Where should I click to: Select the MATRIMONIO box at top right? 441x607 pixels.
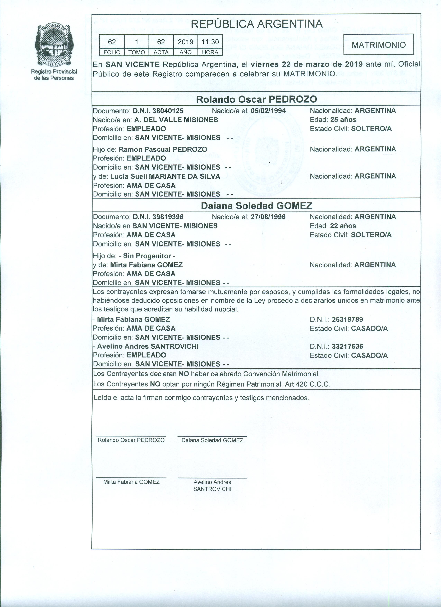(378, 45)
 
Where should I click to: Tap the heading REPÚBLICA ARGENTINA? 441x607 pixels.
(257, 24)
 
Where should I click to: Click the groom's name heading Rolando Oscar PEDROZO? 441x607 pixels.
(256, 99)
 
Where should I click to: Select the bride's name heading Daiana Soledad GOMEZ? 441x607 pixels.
(256, 206)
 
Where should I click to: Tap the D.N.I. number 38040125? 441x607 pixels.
(168, 111)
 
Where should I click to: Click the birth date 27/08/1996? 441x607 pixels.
(268, 217)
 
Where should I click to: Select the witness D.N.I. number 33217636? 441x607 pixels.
(347, 346)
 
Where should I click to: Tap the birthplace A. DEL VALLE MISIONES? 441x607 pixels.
(176, 120)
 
